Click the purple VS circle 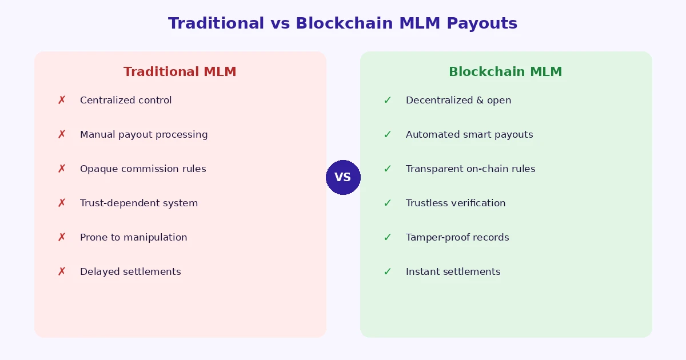(343, 177)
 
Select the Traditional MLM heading (180, 72)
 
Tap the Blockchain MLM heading (505, 72)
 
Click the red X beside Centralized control (62, 101)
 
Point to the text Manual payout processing (143, 135)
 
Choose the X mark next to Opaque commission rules (62, 169)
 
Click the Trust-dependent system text (139, 203)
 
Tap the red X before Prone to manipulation (62, 238)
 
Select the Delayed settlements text (130, 272)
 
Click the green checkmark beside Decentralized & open (388, 101)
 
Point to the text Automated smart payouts (469, 135)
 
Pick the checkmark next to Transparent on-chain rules (388, 169)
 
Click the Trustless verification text (456, 203)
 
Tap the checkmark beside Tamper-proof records (388, 238)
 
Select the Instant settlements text (453, 272)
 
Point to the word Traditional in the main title (216, 24)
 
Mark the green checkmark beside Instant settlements (388, 272)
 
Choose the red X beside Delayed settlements (62, 272)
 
